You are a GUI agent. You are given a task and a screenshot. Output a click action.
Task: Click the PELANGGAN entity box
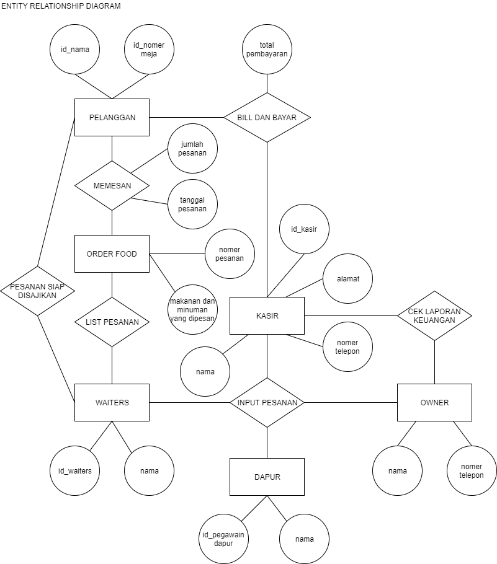(x=112, y=117)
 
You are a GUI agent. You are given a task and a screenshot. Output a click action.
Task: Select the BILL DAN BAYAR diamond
(x=267, y=117)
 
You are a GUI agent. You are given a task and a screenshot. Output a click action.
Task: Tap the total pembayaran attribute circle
(x=267, y=50)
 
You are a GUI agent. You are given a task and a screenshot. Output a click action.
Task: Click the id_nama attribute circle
(x=74, y=50)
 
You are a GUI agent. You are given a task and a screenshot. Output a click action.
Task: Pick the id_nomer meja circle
(x=149, y=50)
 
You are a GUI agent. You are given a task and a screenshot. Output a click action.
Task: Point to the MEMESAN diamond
(x=112, y=185)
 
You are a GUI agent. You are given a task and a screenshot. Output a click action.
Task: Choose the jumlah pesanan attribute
(x=192, y=149)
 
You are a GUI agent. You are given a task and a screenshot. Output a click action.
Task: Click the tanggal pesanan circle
(x=192, y=204)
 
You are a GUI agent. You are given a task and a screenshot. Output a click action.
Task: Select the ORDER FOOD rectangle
(x=112, y=253)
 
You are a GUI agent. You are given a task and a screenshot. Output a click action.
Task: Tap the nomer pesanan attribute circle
(x=230, y=253)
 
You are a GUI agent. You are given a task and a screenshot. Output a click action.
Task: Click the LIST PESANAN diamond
(x=112, y=322)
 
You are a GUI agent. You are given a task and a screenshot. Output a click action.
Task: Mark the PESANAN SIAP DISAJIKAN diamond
(x=37, y=291)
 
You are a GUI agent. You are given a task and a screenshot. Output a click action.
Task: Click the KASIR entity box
(x=267, y=315)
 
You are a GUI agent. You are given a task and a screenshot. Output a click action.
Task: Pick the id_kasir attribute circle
(x=304, y=229)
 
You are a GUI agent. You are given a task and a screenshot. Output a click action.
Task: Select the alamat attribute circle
(x=347, y=278)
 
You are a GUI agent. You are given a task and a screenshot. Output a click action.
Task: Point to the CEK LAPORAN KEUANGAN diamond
(x=434, y=315)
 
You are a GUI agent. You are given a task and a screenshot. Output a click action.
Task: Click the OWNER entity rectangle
(x=434, y=402)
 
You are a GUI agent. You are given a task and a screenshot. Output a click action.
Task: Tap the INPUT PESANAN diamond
(x=267, y=402)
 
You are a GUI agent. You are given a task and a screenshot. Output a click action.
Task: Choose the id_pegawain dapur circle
(x=223, y=539)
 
